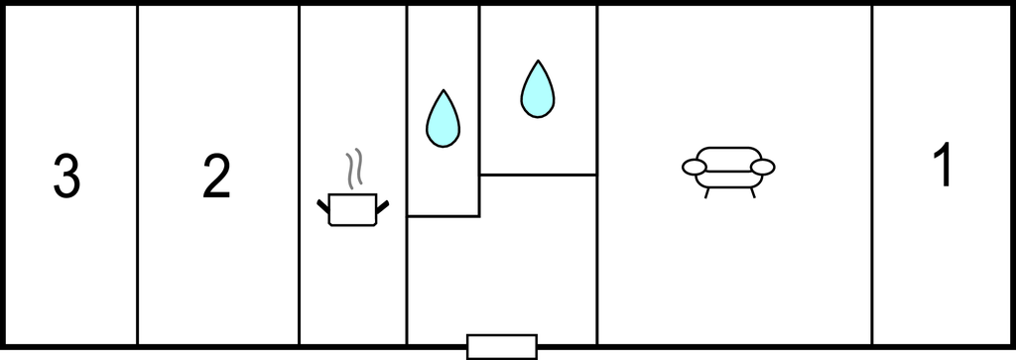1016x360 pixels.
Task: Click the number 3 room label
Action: point(65,177)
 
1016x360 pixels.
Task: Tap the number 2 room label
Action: point(215,177)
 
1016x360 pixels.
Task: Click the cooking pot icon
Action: point(352,209)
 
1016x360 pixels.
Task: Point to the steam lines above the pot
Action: point(352,170)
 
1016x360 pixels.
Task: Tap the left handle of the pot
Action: point(323,205)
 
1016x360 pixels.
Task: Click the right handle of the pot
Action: point(382,205)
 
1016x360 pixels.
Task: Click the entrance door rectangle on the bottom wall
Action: point(502,346)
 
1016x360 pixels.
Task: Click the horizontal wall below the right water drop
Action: point(538,175)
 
